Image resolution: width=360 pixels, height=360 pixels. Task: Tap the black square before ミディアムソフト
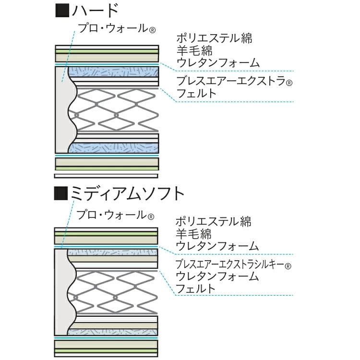pyautogui.click(x=62, y=194)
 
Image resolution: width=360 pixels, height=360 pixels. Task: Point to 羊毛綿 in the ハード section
pyautogui.click(x=194, y=50)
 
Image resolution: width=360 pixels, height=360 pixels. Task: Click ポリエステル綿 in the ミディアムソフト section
pyautogui.click(x=213, y=222)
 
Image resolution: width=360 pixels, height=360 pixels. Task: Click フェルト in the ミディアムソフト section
pyautogui.click(x=195, y=288)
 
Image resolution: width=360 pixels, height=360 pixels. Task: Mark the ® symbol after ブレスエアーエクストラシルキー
pyautogui.click(x=288, y=265)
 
